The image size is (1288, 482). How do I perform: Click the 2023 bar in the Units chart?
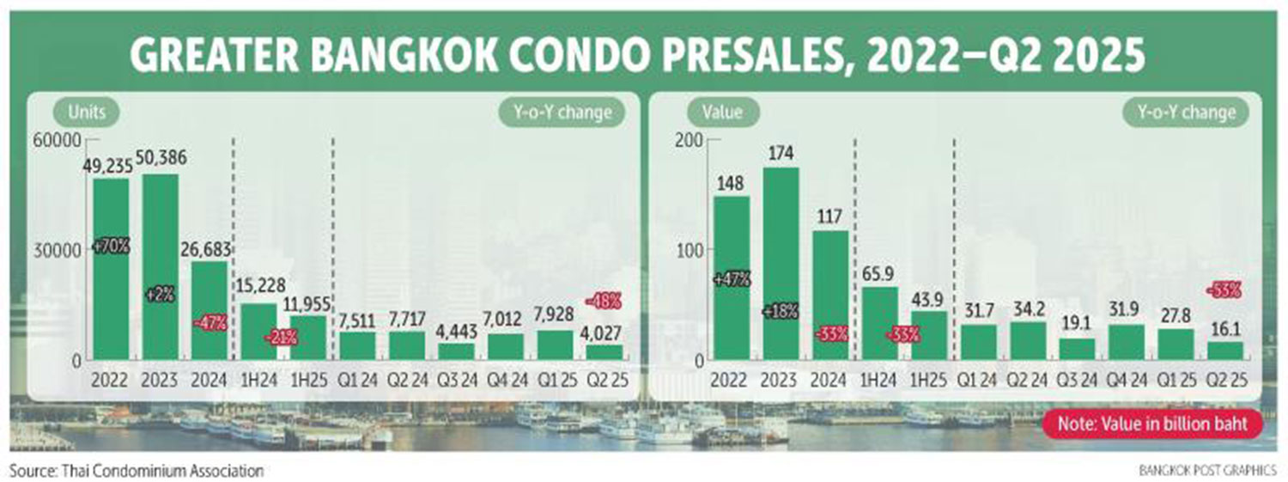pos(160,266)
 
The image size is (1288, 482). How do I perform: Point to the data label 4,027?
pos(605,332)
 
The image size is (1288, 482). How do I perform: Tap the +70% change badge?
pos(112,246)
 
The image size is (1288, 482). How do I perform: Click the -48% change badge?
pos(605,301)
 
